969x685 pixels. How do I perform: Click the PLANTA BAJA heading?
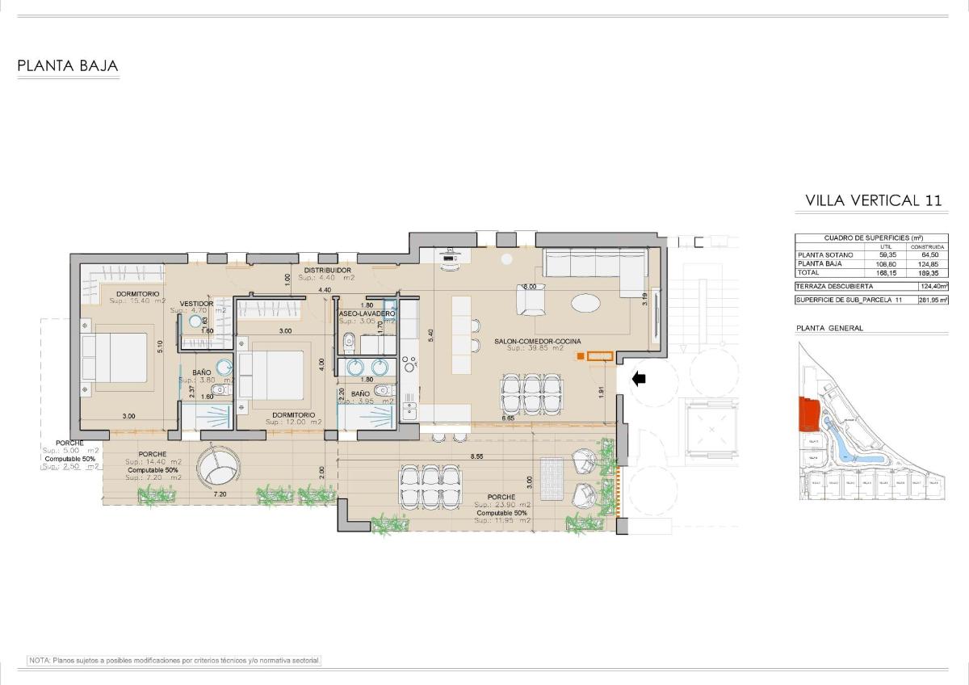pos(68,66)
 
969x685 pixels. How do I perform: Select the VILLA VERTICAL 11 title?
pos(874,200)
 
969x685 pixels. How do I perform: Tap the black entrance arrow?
pos(639,378)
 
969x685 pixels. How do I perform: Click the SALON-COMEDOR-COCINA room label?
pos(538,342)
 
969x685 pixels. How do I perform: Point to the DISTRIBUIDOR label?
pos(327,270)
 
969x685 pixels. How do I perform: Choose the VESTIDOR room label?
pos(196,304)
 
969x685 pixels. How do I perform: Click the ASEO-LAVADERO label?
pos(367,313)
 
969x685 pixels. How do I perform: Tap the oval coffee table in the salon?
pos(585,304)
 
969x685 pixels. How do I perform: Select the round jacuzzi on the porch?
pos(219,465)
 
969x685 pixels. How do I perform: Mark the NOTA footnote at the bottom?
pos(174,661)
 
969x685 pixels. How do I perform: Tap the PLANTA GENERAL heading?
pos(829,328)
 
